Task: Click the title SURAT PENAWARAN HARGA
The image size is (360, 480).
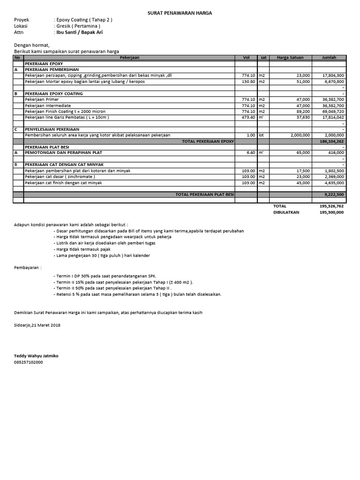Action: (x=180, y=14)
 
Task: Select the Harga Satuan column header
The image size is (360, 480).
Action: (x=290, y=58)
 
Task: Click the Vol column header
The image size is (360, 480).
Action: (x=246, y=58)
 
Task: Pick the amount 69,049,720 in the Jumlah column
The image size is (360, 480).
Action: (x=334, y=112)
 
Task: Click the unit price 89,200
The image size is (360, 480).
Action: (x=303, y=112)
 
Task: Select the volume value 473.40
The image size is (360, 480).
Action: (x=248, y=117)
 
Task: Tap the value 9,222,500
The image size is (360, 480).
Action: (x=335, y=194)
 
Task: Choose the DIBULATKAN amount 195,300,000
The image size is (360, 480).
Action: (x=331, y=212)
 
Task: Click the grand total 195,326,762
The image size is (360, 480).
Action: (x=331, y=206)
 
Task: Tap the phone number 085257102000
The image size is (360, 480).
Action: (x=29, y=362)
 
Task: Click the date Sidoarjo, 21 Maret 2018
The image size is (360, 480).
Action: (x=37, y=325)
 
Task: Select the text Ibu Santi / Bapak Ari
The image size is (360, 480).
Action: (x=79, y=32)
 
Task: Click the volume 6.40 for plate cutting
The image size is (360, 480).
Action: (x=250, y=153)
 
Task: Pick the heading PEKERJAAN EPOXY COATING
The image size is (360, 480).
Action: (x=53, y=93)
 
